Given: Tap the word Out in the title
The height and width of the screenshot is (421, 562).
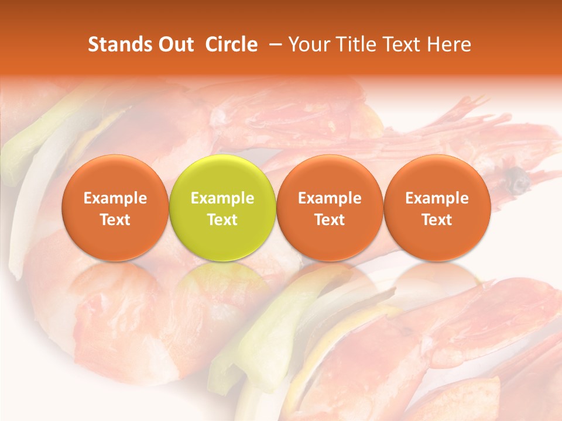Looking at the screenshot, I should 174,45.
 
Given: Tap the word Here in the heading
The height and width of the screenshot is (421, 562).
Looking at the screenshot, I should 450,45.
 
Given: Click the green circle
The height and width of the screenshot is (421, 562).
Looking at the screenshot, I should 222,208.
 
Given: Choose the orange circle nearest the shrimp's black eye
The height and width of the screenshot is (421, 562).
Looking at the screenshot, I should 437,208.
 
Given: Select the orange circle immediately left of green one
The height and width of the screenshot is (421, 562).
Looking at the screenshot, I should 115,208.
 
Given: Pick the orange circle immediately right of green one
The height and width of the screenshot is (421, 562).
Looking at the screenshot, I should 330,208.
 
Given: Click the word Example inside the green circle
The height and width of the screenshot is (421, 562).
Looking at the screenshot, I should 222,198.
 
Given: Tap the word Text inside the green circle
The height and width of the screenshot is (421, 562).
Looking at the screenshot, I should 222,220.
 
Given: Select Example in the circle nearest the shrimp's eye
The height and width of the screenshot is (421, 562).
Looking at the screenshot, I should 437,198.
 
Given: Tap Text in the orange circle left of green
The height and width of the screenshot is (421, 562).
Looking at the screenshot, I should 115,220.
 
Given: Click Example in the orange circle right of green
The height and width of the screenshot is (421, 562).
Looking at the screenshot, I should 330,198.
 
